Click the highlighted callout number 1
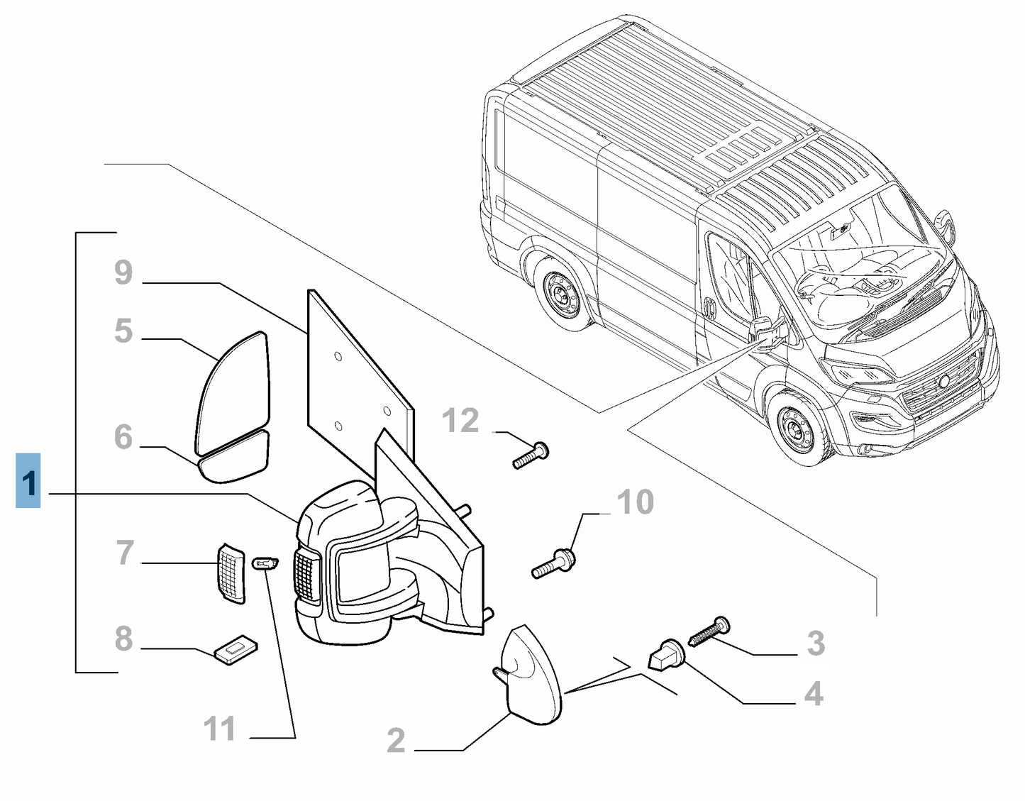pos(28,481)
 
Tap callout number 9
pos(123,272)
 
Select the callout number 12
pos(461,421)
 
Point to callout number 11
pos(220,729)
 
